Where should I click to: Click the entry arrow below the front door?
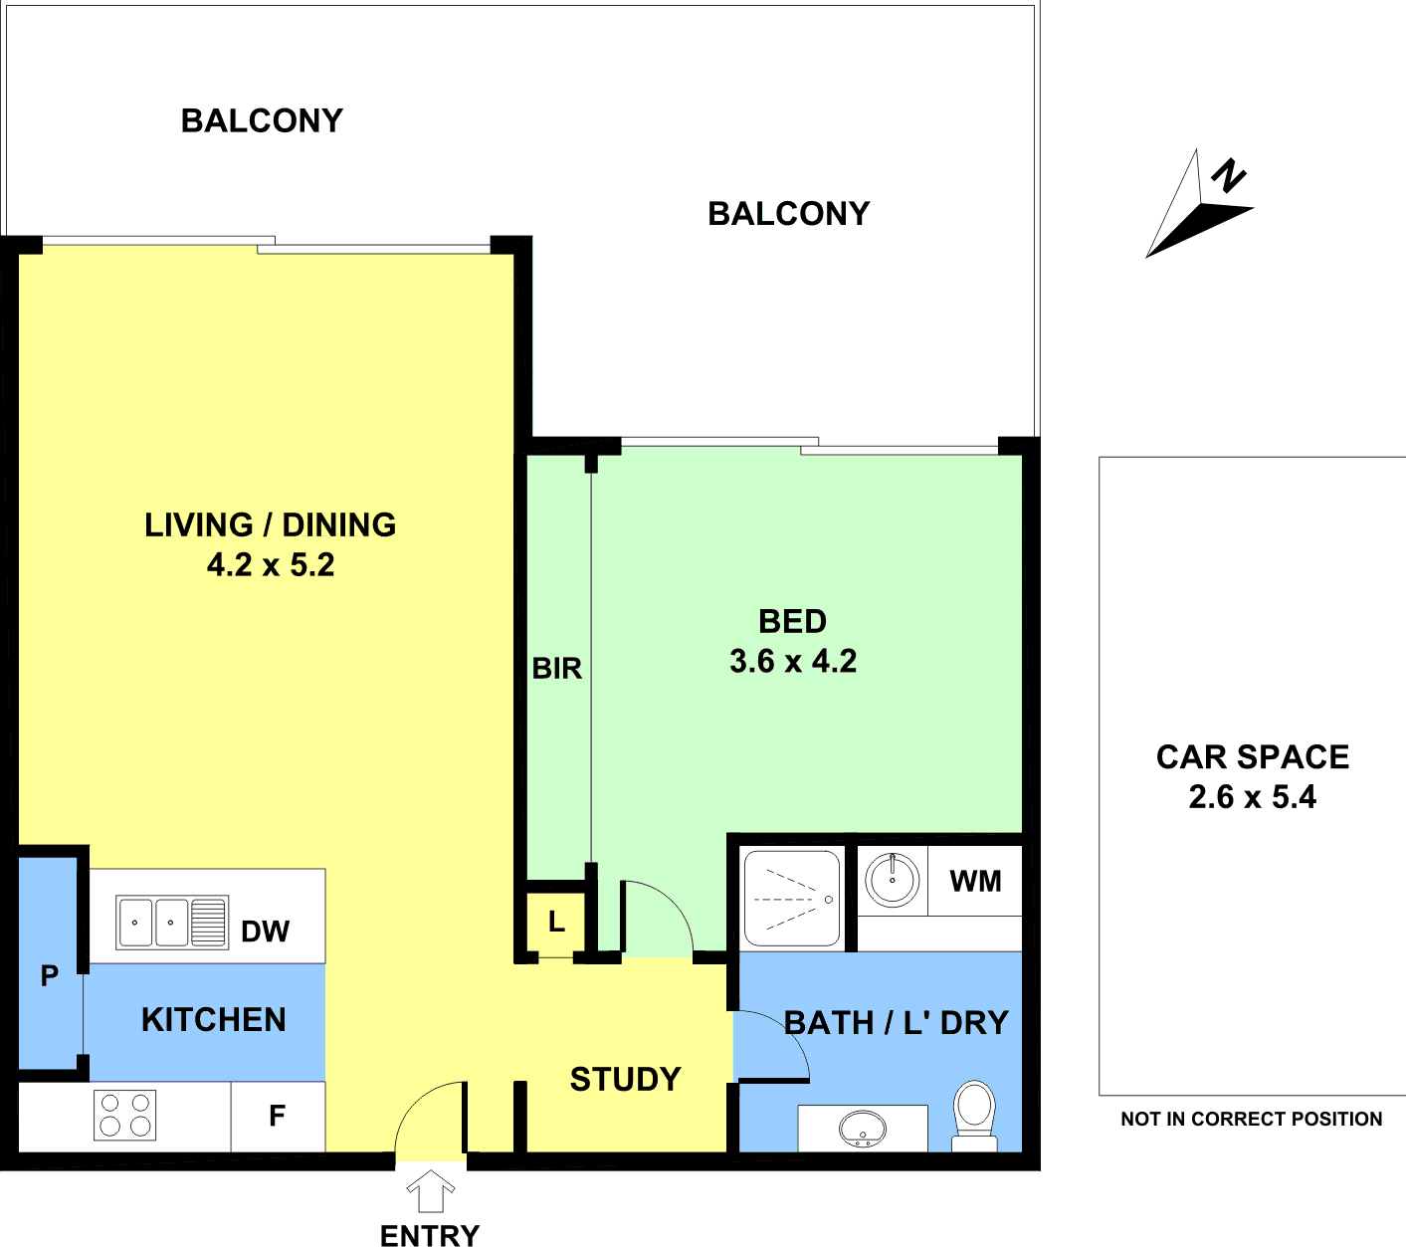[430, 1190]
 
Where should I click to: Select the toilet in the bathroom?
[974, 1116]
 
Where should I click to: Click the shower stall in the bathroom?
[792, 899]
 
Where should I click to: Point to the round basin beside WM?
[892, 880]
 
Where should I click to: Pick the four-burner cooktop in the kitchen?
[125, 1116]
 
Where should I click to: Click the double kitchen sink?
[172, 923]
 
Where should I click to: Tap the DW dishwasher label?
[265, 932]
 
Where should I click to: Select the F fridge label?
[277, 1116]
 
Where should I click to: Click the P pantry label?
[50, 976]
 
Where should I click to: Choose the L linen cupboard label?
[556, 922]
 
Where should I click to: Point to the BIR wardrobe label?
[556, 669]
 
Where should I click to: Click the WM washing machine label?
[975, 882]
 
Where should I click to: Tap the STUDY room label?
[625, 1080]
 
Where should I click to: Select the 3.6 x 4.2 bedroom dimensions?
[792, 661]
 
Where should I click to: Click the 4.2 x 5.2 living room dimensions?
[271, 564]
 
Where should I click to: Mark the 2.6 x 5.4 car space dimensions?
[1252, 796]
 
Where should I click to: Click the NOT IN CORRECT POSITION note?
[1251, 1119]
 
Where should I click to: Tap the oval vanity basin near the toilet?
[863, 1129]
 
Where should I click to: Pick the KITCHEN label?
[214, 1020]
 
